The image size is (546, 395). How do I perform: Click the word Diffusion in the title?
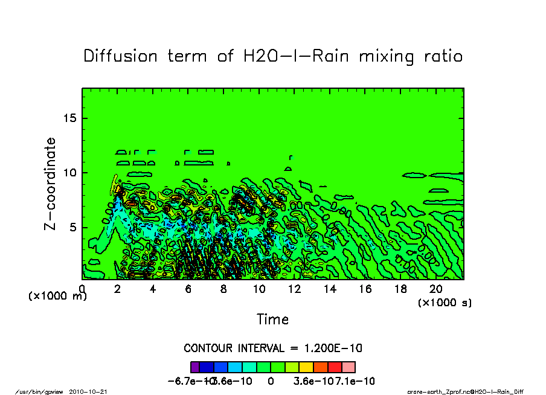click(x=120, y=56)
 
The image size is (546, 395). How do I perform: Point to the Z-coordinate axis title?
click(x=51, y=184)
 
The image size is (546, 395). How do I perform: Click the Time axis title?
click(x=273, y=320)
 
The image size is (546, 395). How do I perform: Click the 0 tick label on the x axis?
click(x=82, y=289)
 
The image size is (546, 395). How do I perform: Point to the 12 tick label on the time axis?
click(x=295, y=289)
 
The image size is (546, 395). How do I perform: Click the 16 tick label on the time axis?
click(x=365, y=289)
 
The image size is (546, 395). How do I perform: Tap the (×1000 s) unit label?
click(x=445, y=302)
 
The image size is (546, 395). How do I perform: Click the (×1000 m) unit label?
click(x=58, y=297)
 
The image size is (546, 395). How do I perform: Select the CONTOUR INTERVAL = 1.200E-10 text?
click(x=273, y=348)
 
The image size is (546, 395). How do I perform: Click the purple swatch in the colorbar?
click(x=194, y=367)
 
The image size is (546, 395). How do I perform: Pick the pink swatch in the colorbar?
click(x=348, y=367)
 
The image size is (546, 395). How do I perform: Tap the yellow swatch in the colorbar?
click(x=307, y=367)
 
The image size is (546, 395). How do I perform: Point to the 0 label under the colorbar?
click(x=271, y=381)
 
